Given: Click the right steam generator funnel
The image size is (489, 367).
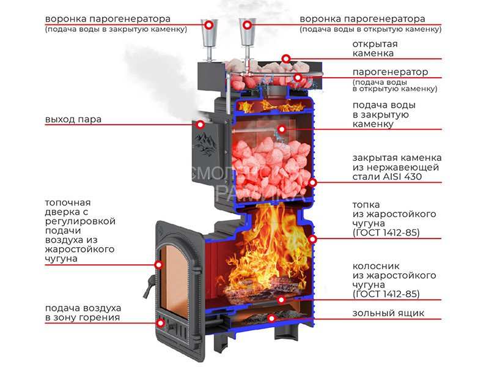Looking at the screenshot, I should click(248, 38).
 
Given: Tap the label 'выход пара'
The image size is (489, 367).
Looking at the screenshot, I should click(73, 119).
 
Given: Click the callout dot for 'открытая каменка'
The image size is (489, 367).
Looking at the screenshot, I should click(286, 58).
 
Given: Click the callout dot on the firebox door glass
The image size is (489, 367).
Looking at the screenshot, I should click(158, 265).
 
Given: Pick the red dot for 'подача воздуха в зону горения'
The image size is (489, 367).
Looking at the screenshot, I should click(161, 323).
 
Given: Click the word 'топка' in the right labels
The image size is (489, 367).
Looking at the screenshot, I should click(366, 205).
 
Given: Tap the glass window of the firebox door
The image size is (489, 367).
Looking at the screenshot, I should click(175, 275).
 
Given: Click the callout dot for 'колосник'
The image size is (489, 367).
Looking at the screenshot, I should click(282, 300).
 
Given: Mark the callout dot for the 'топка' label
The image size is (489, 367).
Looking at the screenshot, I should click(313, 238).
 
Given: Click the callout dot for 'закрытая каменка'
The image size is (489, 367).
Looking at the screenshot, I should click(313, 182).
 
